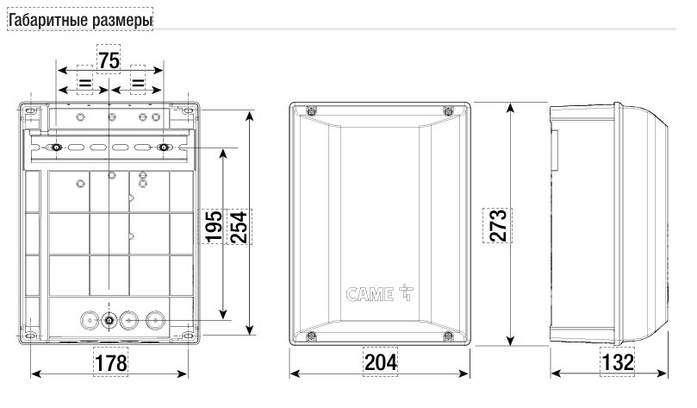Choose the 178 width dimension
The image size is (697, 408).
109,363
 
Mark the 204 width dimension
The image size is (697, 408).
379,363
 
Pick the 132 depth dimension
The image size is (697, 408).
617,363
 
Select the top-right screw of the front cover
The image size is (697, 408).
446,110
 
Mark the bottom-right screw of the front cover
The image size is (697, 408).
446,336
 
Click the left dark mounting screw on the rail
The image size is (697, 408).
56,148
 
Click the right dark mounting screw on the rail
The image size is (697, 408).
163,148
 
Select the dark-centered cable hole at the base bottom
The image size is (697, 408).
109,321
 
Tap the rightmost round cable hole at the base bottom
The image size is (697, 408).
155,320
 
